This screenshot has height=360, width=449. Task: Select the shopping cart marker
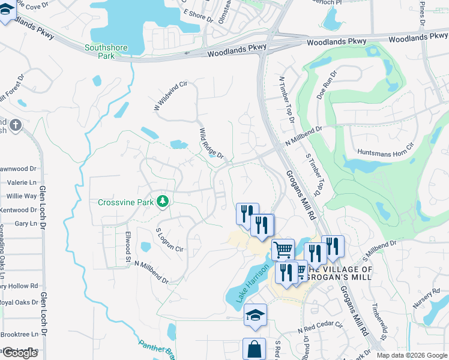point(282,248)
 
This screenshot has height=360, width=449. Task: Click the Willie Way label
point(22,196)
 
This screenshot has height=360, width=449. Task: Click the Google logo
point(19,352)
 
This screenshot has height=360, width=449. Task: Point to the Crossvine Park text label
point(126,202)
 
